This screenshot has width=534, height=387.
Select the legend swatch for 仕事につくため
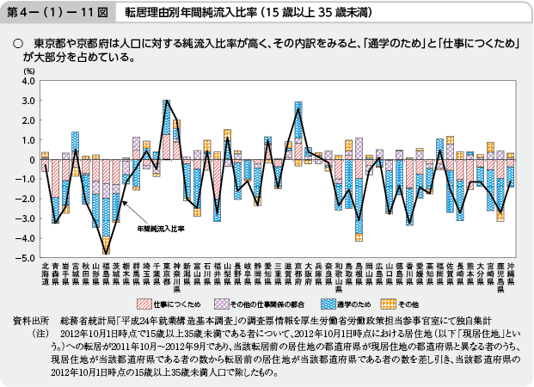[141, 304]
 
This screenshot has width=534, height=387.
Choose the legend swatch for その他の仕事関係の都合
[222, 304]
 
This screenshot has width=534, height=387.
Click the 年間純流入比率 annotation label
[159, 230]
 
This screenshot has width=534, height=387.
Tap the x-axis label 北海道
[45, 273]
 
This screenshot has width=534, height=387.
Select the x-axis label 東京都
[168, 273]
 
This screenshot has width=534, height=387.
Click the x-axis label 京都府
[298, 273]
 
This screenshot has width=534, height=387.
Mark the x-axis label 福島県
[107, 273]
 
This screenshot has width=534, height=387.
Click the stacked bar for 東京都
[168, 129]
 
